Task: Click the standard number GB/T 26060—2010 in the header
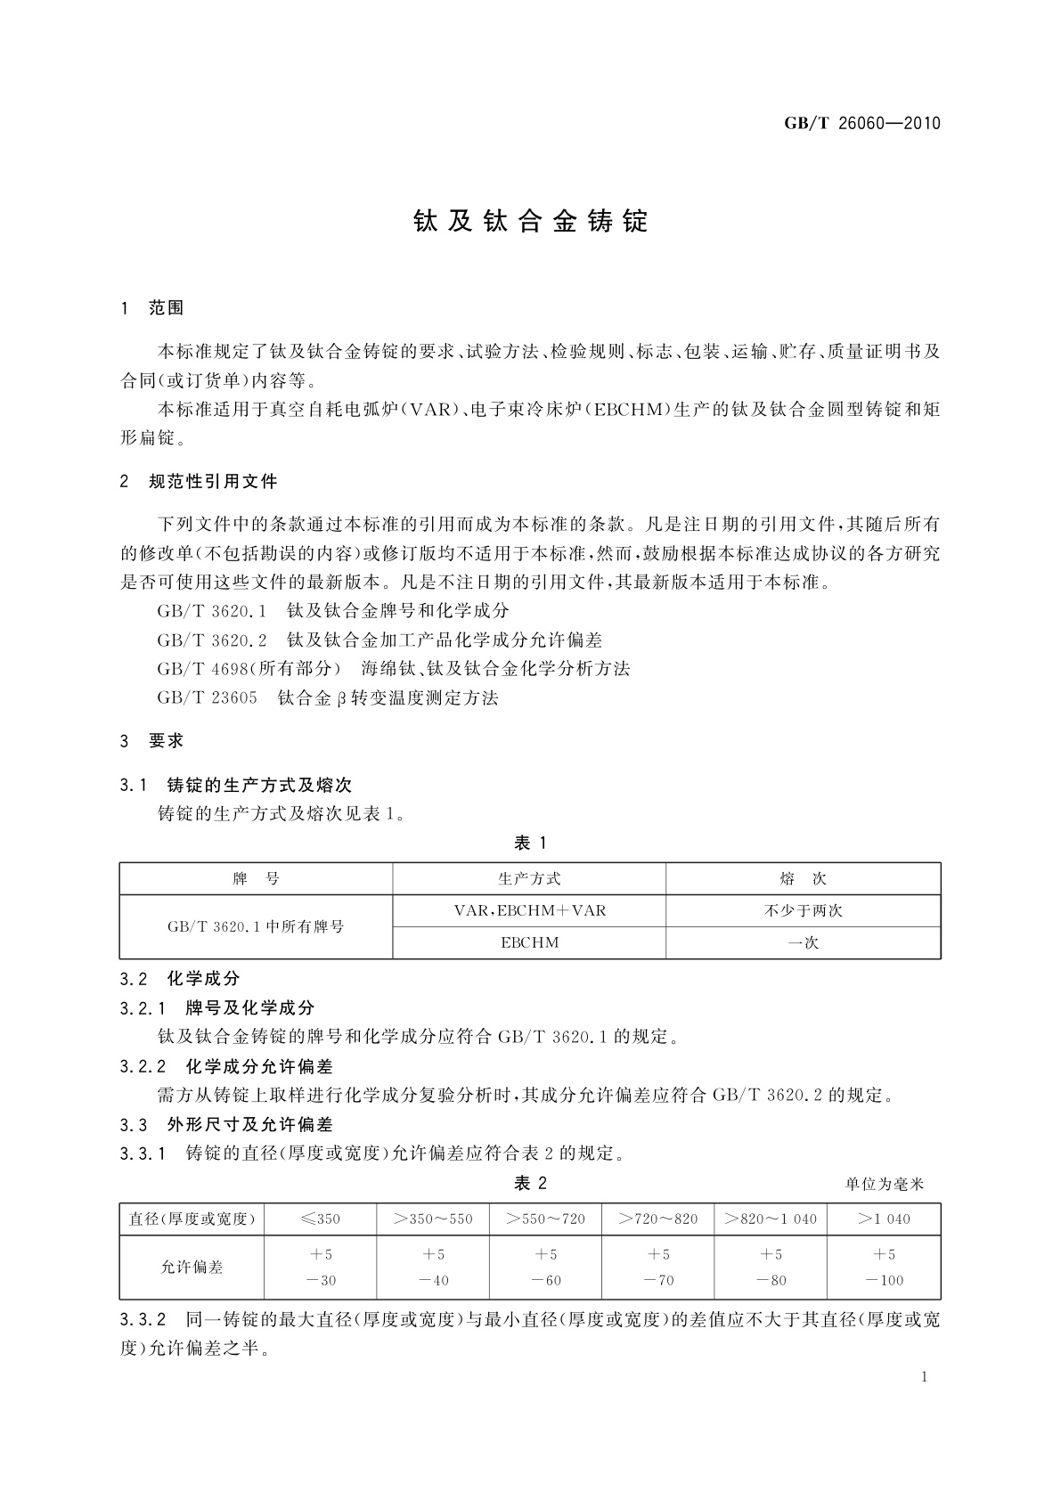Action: coord(861,123)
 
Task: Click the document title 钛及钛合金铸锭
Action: coord(531,222)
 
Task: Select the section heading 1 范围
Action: coord(152,308)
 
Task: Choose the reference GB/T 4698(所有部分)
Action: coord(249,669)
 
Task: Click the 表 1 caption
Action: coord(531,844)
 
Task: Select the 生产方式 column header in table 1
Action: coord(529,879)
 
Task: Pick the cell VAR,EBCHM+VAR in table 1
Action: coord(529,910)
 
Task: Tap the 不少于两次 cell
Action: coord(803,910)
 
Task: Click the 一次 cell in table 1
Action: coord(803,942)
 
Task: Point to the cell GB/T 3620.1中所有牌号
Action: coord(256,926)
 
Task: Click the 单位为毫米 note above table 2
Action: coord(885,1185)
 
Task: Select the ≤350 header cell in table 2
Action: coord(321,1219)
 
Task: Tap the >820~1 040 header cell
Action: coord(771,1219)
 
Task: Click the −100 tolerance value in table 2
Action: coord(884,1281)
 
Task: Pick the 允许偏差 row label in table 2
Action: coord(192,1268)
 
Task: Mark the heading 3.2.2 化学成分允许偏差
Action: coord(226,1066)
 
